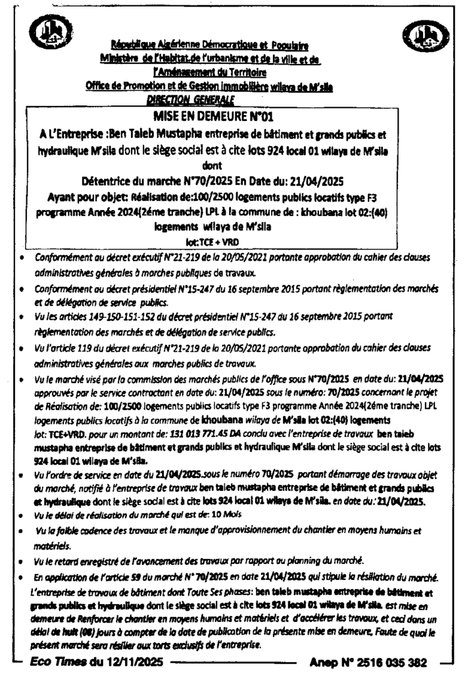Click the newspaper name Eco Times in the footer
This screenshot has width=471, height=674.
click(59, 661)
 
